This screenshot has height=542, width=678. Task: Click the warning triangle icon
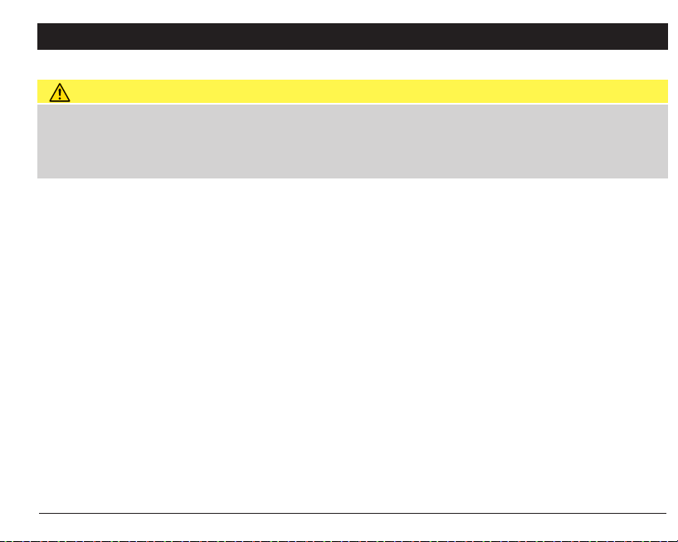coord(60,93)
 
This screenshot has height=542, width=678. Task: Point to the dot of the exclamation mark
coord(60,98)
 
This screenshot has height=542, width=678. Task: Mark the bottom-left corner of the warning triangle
coord(50,101)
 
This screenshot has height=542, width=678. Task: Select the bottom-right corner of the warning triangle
coord(71,101)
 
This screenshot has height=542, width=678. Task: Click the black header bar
coord(353,37)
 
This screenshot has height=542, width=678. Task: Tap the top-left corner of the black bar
coord(38,24)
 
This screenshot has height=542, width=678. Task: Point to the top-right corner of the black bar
coord(667,24)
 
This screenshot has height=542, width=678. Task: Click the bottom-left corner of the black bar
coord(38,49)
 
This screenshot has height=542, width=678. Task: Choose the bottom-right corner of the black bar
coord(667,49)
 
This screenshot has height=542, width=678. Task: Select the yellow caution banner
coord(353,91)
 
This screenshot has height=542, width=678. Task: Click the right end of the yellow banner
coord(666,91)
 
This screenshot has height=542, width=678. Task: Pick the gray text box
coord(353,141)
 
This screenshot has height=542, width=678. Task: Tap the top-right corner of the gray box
coord(667,105)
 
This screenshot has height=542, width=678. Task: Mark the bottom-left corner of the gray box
coord(38,178)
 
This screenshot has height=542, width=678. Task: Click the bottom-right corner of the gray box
coord(667,178)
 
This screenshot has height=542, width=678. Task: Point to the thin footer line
coord(353,513)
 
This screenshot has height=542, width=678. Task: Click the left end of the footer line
coord(39,513)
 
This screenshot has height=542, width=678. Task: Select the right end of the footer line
coord(666,513)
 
